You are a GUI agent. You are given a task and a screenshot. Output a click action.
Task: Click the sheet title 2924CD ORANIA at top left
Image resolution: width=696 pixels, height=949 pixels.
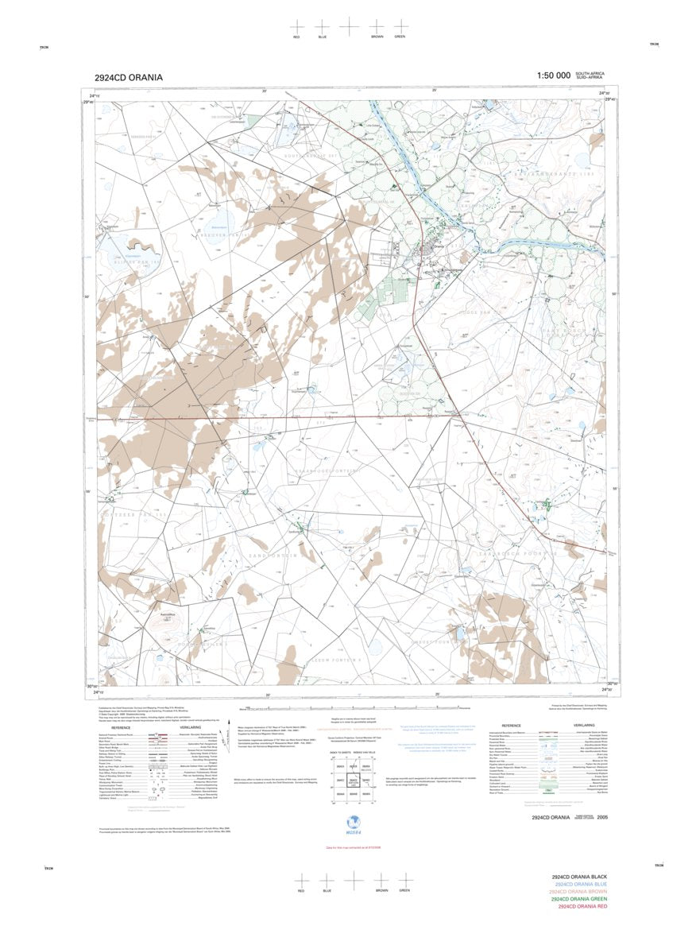coord(128,77)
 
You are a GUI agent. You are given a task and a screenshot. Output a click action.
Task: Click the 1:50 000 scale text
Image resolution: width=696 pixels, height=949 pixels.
coord(553,76)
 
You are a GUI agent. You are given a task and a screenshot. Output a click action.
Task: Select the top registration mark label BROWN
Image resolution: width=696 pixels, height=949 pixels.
coord(377,37)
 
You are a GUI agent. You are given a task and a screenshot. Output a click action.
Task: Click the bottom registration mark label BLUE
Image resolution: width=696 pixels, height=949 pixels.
coord(327,891)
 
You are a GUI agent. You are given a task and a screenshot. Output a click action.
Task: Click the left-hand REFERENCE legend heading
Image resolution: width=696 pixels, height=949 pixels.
coord(121,727)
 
